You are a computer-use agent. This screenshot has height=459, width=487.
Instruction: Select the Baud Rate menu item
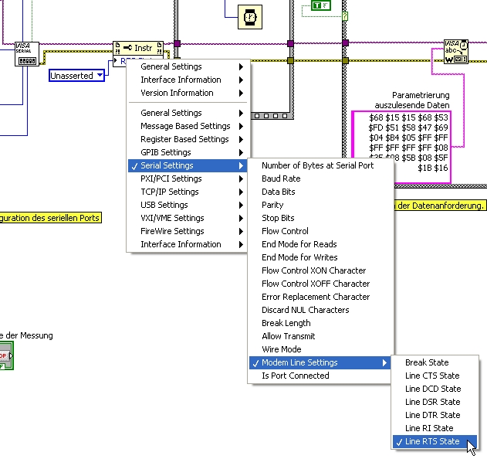281,178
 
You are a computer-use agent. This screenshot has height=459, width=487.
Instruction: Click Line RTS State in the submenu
432,441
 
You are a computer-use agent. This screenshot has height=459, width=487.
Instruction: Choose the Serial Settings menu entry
167,165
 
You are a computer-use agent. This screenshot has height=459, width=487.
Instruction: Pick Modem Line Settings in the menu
299,362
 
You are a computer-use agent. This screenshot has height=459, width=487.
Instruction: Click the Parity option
272,205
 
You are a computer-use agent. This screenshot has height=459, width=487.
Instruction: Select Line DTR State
433,415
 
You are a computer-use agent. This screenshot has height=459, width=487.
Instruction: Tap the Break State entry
427,362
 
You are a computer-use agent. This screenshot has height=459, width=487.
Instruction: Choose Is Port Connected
295,376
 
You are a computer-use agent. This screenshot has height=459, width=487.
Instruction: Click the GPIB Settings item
165,152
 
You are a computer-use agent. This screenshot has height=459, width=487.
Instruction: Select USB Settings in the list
164,205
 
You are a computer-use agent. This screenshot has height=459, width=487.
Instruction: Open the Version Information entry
177,93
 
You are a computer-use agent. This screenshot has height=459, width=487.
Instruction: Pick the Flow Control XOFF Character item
316,284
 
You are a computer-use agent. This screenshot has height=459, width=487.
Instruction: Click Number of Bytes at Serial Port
317,165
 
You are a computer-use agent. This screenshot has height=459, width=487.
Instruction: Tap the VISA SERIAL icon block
27,53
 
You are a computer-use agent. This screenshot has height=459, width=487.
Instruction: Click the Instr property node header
138,48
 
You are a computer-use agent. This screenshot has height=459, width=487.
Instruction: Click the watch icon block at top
249,16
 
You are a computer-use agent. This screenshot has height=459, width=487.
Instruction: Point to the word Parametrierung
421,95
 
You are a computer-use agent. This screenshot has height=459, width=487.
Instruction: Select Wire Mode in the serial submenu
282,349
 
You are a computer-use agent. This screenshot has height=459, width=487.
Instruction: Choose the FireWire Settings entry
172,231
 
